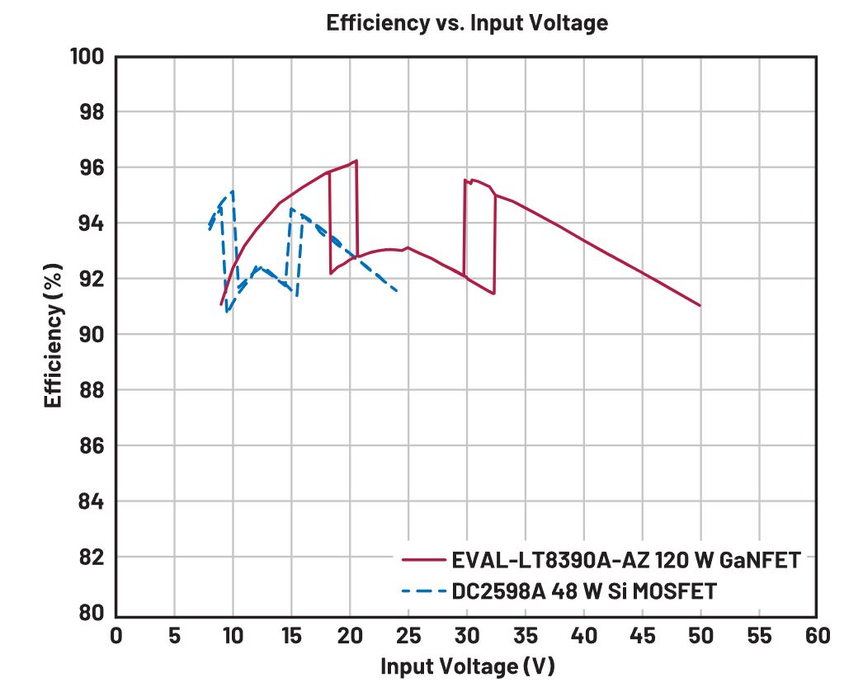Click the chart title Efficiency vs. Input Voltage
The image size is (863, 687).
[467, 23]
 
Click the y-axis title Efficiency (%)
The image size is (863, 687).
[54, 334]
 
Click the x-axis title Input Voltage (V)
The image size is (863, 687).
[467, 666]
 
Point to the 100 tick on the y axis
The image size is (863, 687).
[88, 56]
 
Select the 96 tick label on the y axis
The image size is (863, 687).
[93, 167]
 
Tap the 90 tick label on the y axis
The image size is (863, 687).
[93, 335]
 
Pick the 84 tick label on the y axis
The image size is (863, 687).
[93, 501]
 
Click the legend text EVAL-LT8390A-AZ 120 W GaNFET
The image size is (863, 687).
[625, 561]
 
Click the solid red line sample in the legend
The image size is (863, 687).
[424, 561]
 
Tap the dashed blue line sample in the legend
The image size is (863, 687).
[424, 591]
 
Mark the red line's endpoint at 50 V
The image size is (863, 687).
[700, 305]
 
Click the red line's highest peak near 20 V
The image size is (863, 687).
[356, 161]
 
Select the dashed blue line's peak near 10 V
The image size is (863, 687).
[233, 191]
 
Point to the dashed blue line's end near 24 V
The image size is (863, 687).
[398, 290]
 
